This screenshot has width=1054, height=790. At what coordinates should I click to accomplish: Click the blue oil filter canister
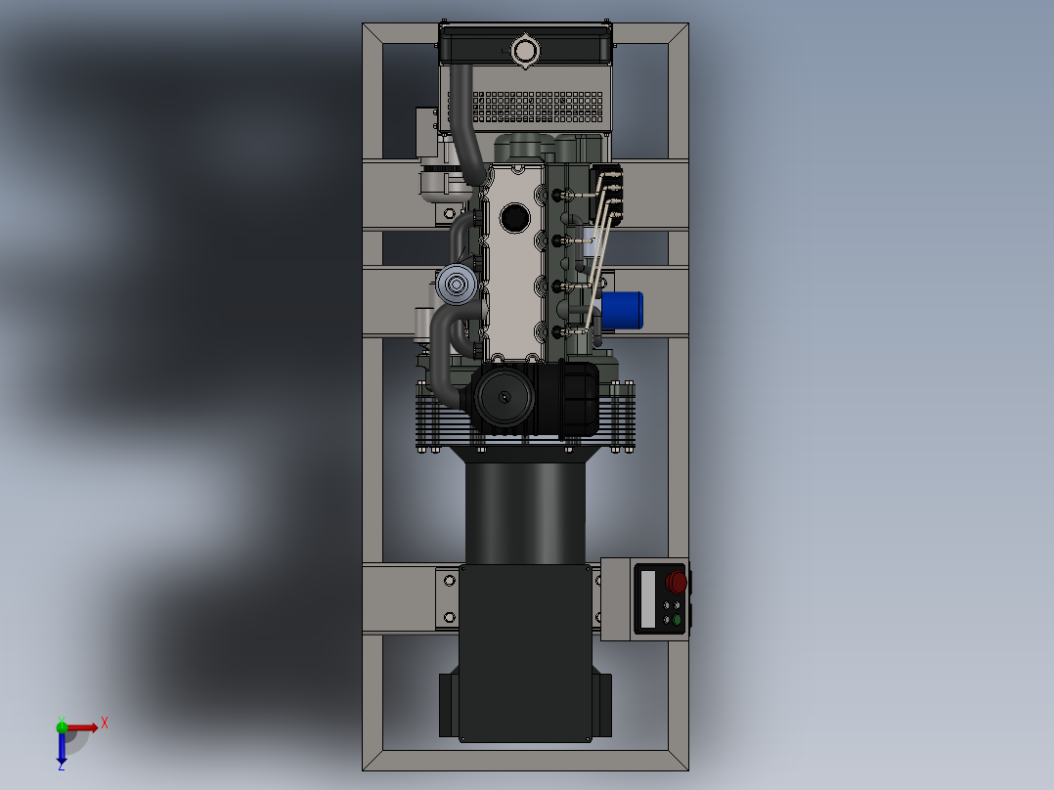click(x=622, y=310)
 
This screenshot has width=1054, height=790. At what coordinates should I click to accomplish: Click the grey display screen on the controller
click(x=647, y=599)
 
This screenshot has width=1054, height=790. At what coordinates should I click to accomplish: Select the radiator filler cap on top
click(x=525, y=50)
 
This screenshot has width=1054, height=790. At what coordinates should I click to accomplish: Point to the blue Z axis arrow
click(x=62, y=750)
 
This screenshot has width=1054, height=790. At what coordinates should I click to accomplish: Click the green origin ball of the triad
click(x=62, y=726)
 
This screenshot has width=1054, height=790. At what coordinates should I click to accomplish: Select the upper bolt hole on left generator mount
click(x=450, y=581)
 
